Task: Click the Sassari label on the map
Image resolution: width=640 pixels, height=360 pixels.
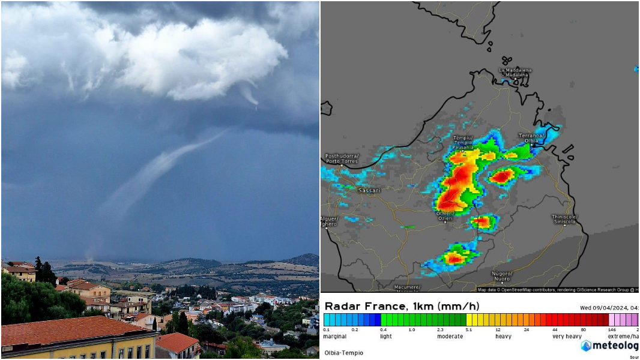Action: point(369,190)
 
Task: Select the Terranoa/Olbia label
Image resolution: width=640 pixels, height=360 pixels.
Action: point(531,138)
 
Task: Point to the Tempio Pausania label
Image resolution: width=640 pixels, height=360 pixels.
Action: point(463,142)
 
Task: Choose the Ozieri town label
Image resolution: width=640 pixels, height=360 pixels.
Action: point(445,216)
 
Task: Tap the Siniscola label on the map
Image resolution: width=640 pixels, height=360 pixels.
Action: point(564,219)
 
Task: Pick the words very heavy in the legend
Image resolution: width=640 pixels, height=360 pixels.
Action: point(566,337)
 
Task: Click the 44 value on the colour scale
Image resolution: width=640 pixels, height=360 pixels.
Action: point(555,330)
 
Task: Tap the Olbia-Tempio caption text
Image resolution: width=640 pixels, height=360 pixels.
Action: point(343,352)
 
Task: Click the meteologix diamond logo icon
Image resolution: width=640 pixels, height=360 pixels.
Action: point(586,346)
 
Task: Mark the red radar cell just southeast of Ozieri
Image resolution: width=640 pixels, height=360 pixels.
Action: point(482,222)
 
